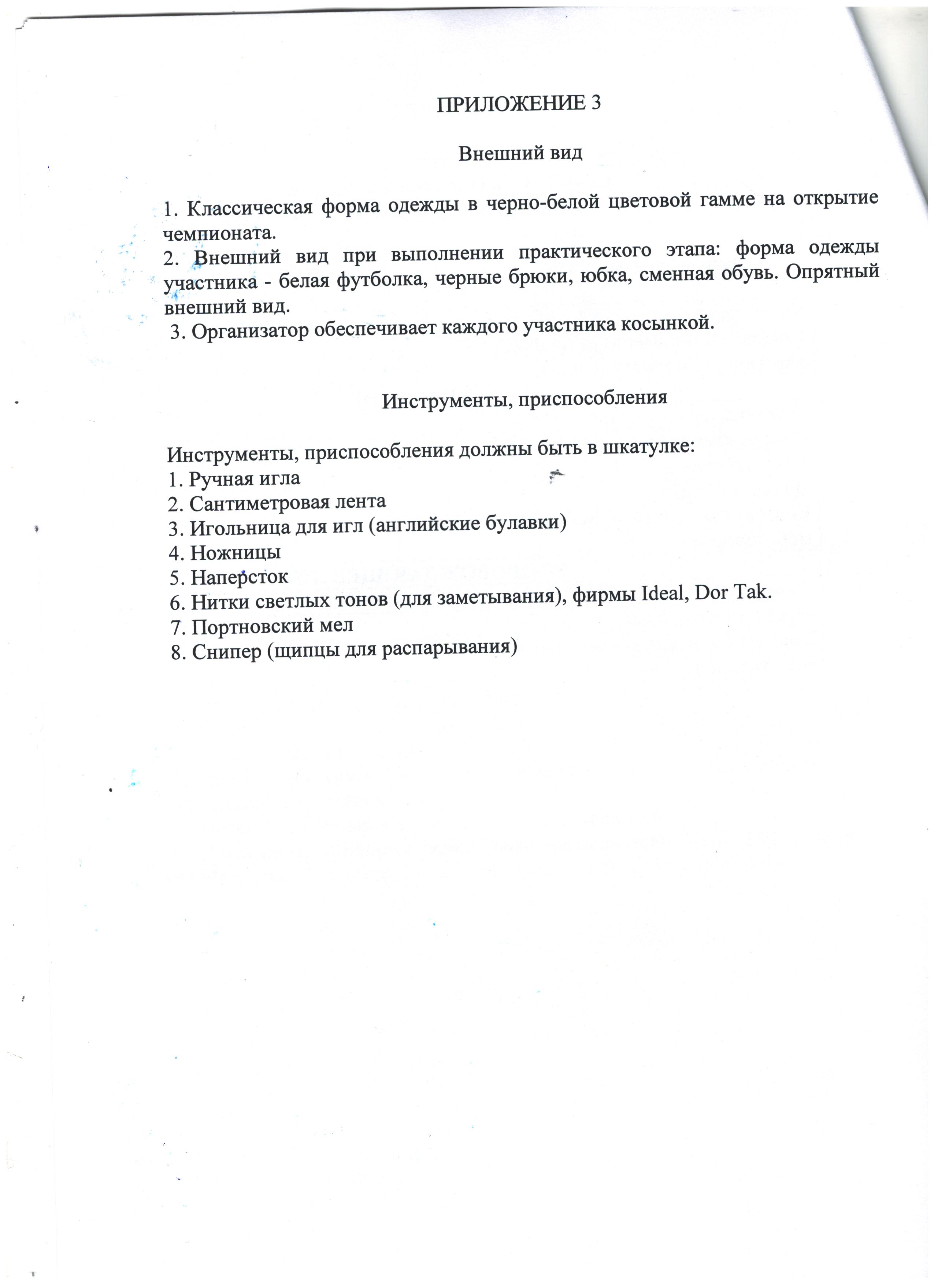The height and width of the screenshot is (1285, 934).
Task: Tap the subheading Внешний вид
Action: point(520,153)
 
